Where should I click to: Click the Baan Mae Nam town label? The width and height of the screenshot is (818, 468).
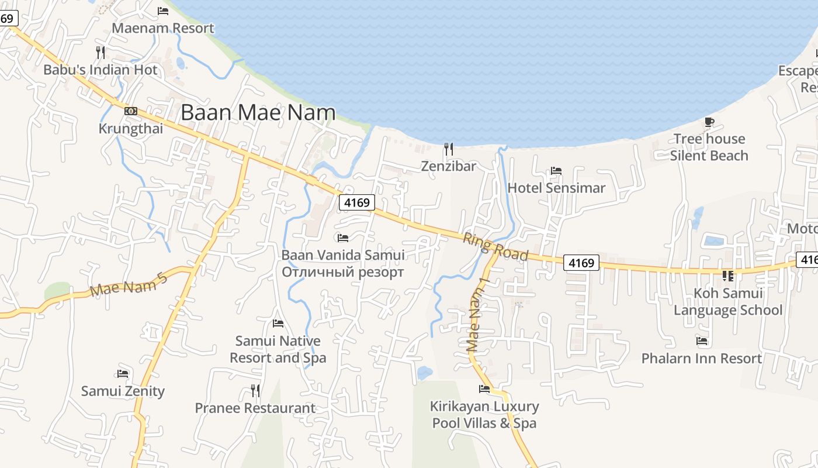click(258, 112)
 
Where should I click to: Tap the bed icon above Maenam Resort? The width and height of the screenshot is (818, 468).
click(163, 11)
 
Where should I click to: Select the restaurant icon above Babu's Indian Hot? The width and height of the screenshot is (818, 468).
click(100, 53)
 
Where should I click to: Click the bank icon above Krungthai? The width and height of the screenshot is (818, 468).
click(131, 111)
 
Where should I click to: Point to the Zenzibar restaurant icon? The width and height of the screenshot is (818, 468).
click(448, 149)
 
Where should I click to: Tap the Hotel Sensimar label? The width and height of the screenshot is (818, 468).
click(556, 188)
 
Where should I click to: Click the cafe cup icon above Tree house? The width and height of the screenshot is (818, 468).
click(709, 122)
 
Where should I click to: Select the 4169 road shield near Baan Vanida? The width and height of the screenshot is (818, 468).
click(356, 202)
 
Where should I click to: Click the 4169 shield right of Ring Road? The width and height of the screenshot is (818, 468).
click(581, 263)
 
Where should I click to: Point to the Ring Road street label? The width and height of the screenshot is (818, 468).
click(495, 247)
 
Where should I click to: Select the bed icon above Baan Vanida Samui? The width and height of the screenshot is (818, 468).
click(343, 238)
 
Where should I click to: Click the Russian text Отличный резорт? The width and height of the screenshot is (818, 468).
click(342, 272)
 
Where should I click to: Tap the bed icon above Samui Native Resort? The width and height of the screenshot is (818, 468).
click(278, 324)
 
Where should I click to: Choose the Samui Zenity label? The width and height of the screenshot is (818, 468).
click(123, 391)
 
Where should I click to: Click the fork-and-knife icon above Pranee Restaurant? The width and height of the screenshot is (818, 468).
click(255, 390)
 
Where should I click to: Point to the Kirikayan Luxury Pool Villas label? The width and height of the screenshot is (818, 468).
click(484, 414)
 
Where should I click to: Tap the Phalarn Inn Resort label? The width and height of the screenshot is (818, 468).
click(702, 358)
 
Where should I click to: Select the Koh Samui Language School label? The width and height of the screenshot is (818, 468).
click(728, 301)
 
